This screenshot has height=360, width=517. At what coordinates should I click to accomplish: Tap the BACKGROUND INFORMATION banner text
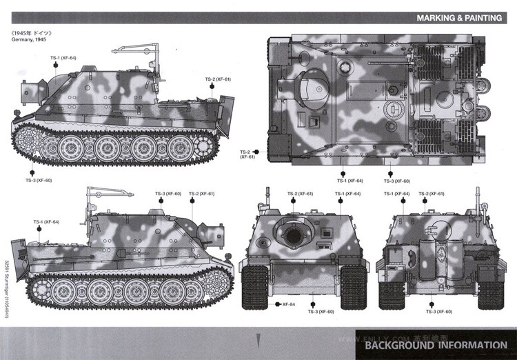tap(436, 345)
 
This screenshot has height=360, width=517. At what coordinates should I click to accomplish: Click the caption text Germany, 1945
tap(32, 39)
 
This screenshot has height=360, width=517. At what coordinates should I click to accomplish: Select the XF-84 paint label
tap(288, 303)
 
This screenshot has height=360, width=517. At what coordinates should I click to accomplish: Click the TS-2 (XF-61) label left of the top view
tap(247, 154)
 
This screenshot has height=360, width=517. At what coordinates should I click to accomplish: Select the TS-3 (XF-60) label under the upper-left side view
tap(39, 180)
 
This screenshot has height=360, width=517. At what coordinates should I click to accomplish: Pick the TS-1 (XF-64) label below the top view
tap(349, 181)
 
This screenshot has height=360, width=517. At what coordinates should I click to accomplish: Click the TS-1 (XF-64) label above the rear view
tap(396, 194)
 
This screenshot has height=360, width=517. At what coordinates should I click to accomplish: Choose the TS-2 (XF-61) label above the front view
tap(300, 194)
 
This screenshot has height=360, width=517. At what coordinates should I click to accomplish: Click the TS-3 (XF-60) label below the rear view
tap(438, 312)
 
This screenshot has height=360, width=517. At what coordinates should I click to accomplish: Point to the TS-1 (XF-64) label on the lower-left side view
tap(46, 222)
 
